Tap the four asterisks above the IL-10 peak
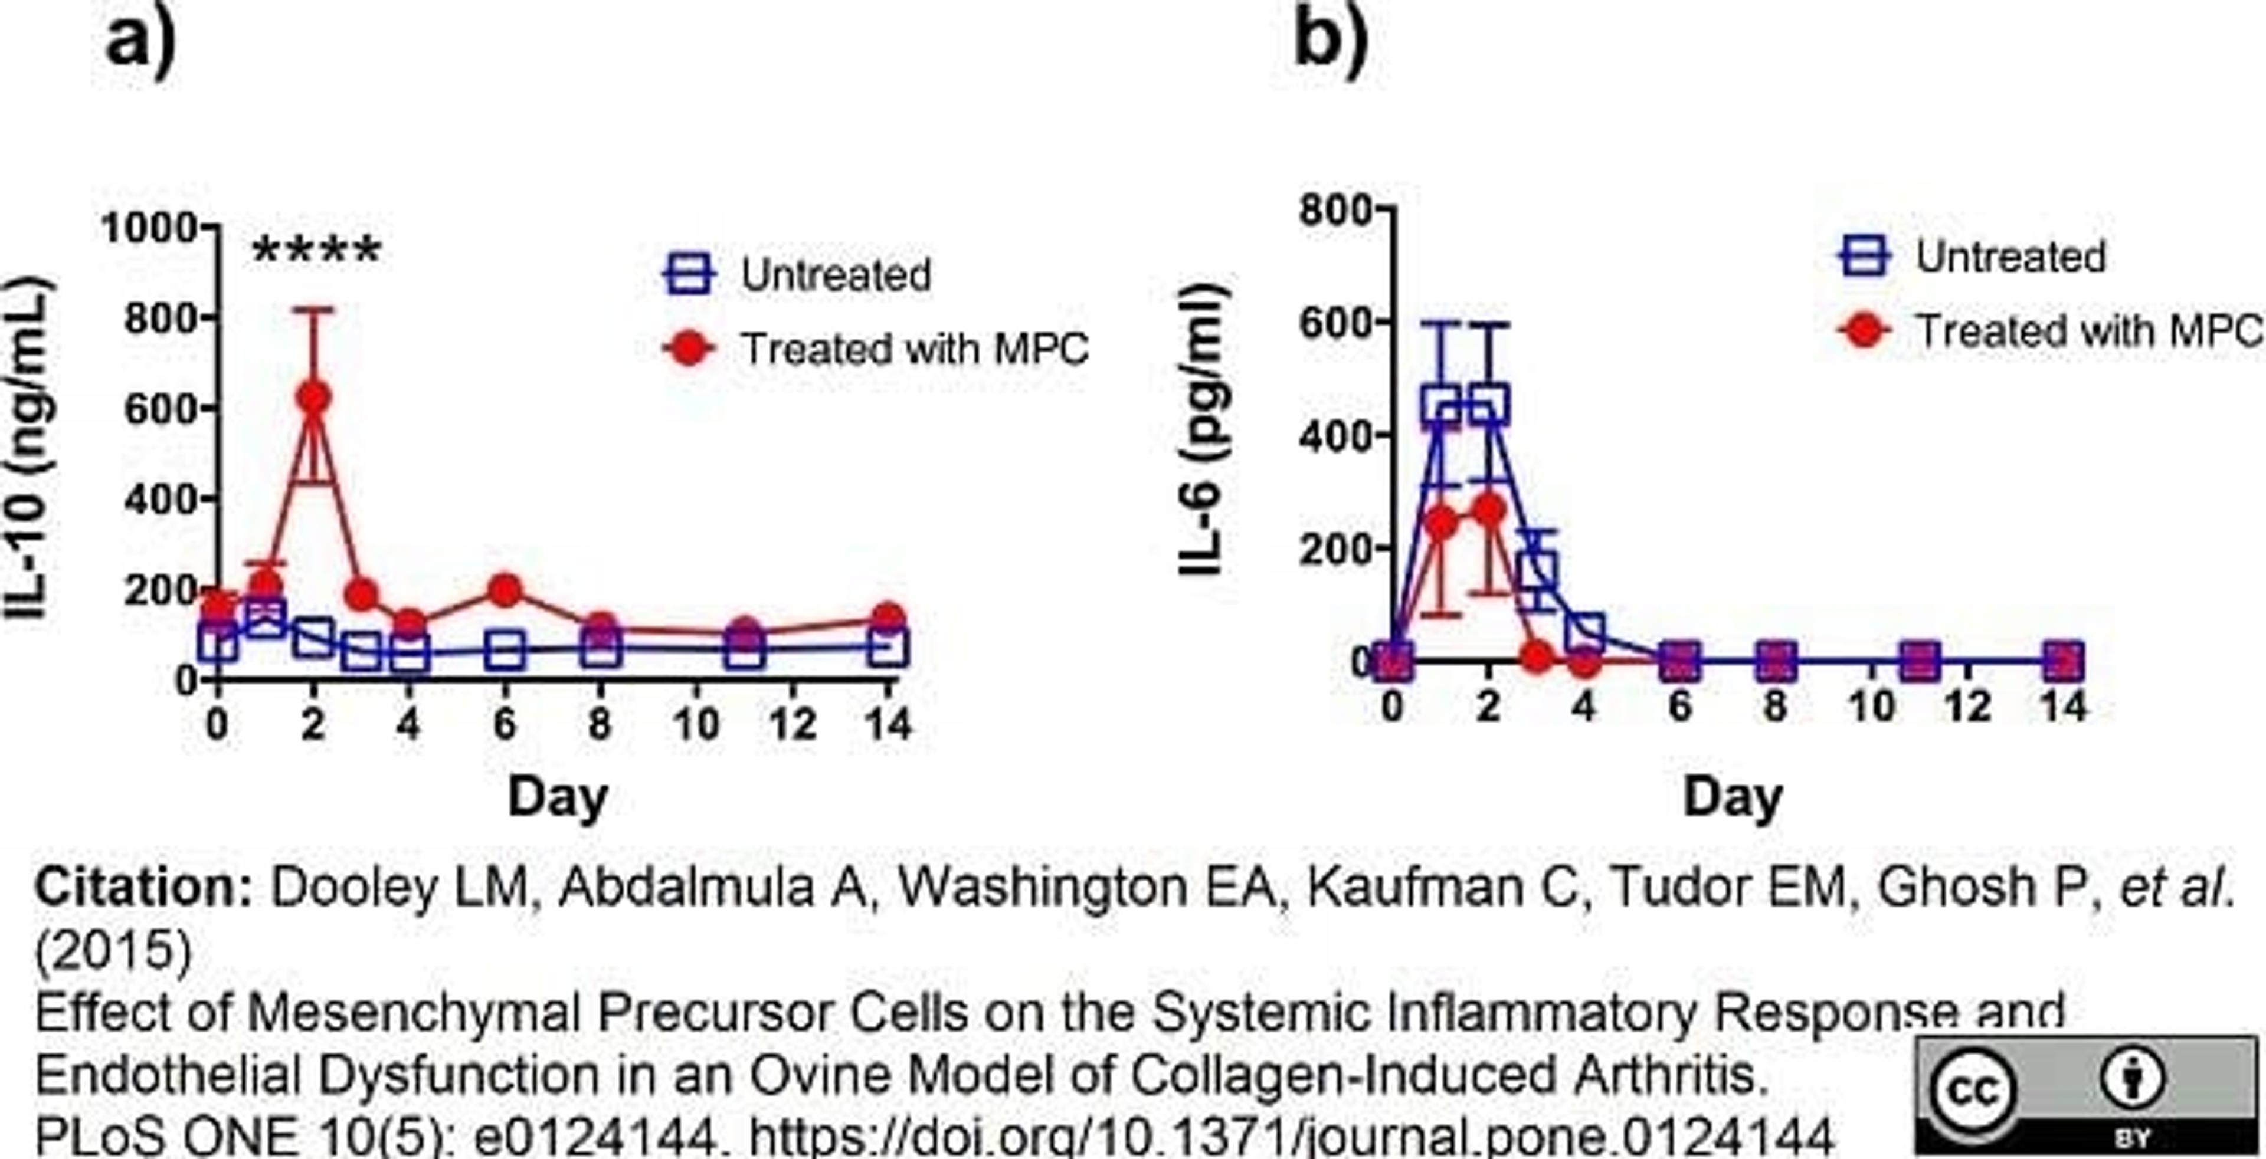click(317, 251)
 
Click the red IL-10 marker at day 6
click(504, 590)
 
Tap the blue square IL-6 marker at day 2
click(1488, 405)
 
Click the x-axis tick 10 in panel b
click(1871, 706)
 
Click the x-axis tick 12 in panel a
click(793, 724)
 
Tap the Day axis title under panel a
click(558, 797)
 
